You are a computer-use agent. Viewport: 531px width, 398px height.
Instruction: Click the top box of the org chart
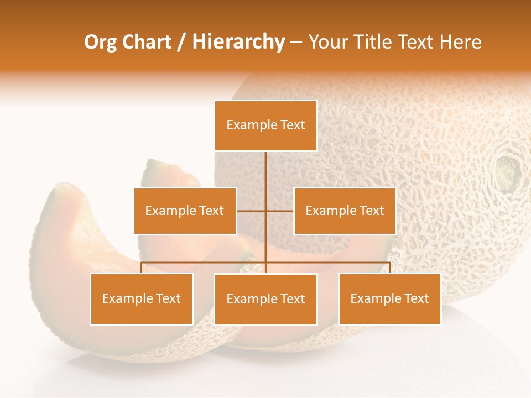click(x=265, y=125)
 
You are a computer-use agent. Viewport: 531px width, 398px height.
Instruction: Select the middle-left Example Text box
click(x=185, y=211)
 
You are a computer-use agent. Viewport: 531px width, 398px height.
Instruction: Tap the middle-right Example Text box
click(x=345, y=211)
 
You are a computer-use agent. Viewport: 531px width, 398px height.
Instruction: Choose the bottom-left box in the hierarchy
click(x=141, y=299)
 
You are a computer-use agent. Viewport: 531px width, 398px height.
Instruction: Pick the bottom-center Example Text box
click(x=265, y=300)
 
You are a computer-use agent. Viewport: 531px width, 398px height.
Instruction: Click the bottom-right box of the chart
click(x=389, y=299)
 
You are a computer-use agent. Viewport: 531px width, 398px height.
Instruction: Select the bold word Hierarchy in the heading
click(x=238, y=42)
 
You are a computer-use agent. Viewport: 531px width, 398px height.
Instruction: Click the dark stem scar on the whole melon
click(x=507, y=172)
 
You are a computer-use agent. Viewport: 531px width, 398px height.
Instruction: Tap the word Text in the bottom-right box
click(x=417, y=299)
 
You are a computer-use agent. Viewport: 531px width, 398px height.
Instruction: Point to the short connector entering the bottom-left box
click(x=142, y=268)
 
